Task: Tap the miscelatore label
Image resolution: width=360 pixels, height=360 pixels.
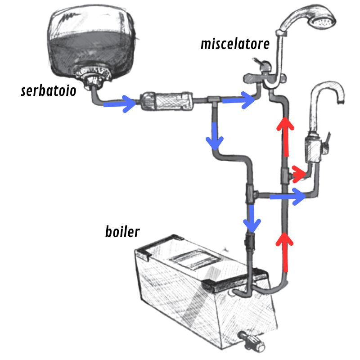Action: [x=235, y=44]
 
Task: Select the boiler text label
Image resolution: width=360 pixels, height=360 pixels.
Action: [x=122, y=232]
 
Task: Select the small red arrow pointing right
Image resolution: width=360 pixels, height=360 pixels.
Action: [x=298, y=173]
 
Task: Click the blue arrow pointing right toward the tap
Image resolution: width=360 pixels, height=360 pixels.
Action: [x=288, y=196]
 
